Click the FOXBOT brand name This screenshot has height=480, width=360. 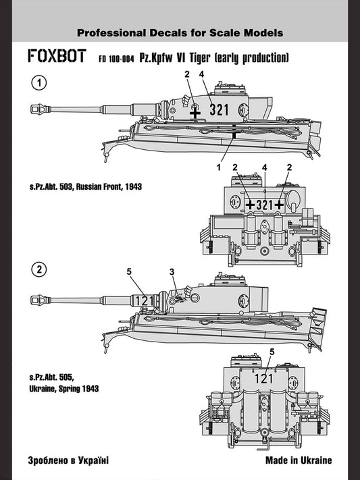point(56,57)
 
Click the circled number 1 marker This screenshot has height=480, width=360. point(39,84)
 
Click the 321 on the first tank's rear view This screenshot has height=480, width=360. point(264,204)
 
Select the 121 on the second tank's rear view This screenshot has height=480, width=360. point(264,378)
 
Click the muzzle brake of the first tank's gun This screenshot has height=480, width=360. point(35,107)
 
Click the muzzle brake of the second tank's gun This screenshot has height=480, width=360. point(35,295)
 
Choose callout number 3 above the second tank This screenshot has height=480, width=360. point(172,271)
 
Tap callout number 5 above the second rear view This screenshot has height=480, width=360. point(272,352)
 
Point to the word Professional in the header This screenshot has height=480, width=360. point(109,32)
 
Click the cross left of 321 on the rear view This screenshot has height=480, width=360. point(250,204)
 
